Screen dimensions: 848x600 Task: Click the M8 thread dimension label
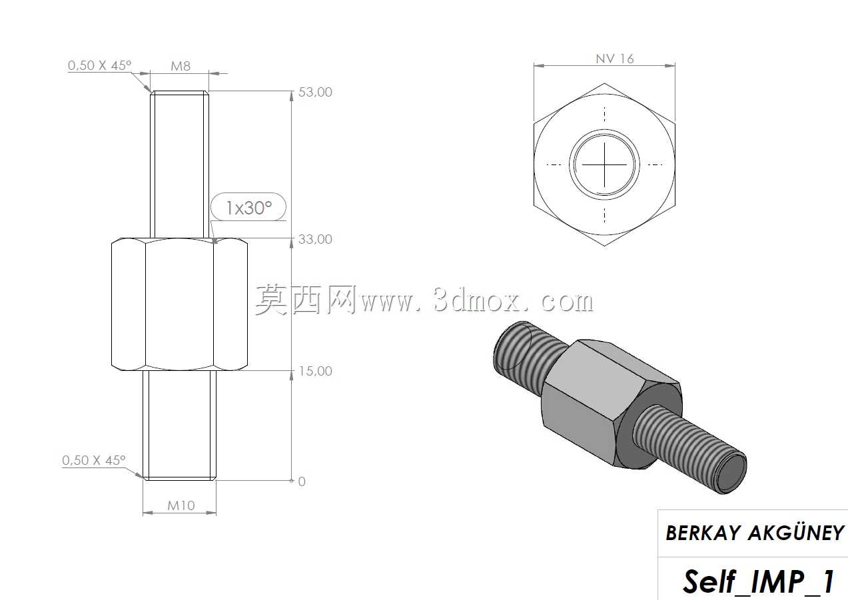tap(181, 66)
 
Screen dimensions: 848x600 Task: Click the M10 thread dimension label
tap(181, 505)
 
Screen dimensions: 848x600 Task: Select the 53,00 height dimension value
tap(315, 92)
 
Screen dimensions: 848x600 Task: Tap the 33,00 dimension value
tap(315, 239)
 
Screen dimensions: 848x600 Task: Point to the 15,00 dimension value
tap(315, 371)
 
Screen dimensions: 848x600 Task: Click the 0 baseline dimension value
tap(302, 481)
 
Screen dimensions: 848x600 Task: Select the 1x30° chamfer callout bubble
tap(248, 207)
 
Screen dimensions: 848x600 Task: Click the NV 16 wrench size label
tap(614, 59)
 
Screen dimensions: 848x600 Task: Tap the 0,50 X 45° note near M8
tap(99, 65)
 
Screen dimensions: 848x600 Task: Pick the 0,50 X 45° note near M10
tap(93, 460)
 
